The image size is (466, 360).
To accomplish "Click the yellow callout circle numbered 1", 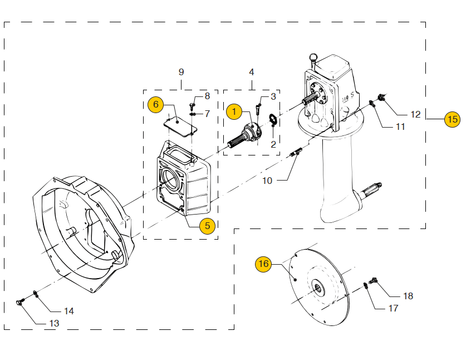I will [x=234, y=112].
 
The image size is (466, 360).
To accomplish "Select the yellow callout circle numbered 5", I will [x=207, y=226].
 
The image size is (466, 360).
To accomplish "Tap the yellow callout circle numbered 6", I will [x=156, y=104].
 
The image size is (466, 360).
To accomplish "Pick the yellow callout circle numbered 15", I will [x=452, y=119].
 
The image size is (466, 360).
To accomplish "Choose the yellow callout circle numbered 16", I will [x=263, y=264].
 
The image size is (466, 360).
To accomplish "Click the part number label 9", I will [x=181, y=72].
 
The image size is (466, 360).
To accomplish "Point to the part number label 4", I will [x=252, y=72].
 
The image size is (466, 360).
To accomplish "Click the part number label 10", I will [x=267, y=181].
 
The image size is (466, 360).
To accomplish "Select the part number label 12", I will [x=415, y=115].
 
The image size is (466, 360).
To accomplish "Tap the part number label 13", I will [x=54, y=323].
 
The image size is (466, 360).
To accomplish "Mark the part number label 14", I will [x=68, y=311].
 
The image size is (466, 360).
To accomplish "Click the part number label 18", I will [x=408, y=296].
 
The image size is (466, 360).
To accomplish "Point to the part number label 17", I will [x=393, y=308].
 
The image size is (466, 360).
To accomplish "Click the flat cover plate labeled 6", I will [x=182, y=124].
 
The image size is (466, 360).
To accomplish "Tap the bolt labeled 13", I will [x=21, y=303].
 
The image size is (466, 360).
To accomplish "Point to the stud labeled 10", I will [x=295, y=152].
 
